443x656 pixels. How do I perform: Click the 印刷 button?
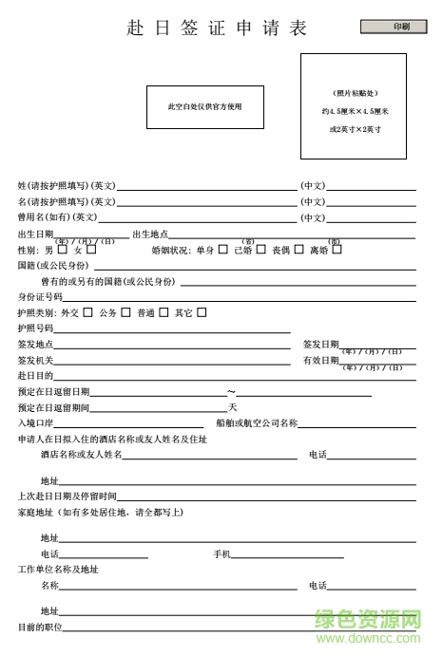pos(399,27)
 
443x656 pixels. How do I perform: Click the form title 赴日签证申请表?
pos(218,28)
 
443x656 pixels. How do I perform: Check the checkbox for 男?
pos(62,250)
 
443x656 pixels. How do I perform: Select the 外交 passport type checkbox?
pos(87,311)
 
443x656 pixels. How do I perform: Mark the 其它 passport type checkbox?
pos(202,311)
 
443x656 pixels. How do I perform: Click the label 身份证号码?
pos(40,297)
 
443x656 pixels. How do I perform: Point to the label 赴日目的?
pos(36,376)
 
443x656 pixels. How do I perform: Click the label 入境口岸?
pos(36,422)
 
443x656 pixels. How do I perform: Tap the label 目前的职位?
pos(40,627)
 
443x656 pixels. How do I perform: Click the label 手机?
pos(221,553)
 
